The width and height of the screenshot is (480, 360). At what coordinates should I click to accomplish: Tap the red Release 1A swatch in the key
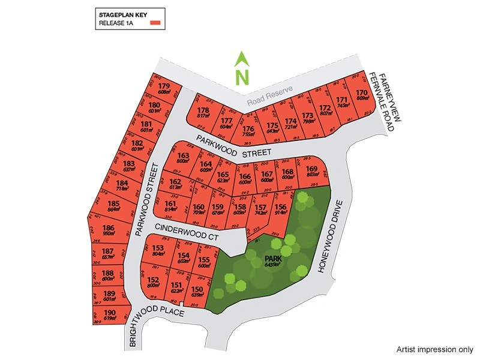pyautogui.click(x=157, y=23)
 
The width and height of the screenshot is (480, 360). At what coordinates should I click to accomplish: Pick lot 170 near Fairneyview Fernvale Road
pyautogui.click(x=361, y=95)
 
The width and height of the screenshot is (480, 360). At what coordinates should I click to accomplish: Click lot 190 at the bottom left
pyautogui.click(x=109, y=316)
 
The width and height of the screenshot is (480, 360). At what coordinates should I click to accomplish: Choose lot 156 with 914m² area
pyautogui.click(x=280, y=209)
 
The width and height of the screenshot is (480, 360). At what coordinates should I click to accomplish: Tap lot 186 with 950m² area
pyautogui.click(x=109, y=230)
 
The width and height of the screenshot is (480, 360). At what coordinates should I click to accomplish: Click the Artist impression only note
pyautogui.click(x=435, y=349)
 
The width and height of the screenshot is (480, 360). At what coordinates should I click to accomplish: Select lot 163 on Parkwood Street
pyautogui.click(x=184, y=158)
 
